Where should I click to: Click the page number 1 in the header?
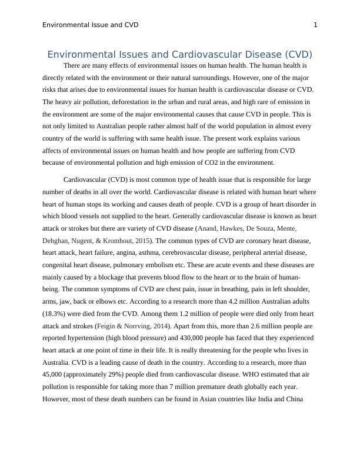(316, 25)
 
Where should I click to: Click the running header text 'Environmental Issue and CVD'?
(91, 25)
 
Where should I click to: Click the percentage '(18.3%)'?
(56, 313)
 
